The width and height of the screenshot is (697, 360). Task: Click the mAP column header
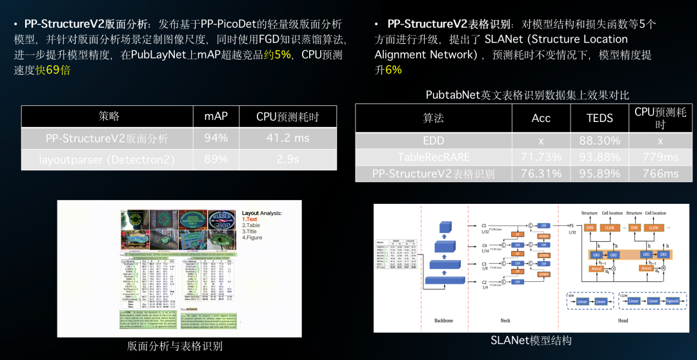[x=216, y=117]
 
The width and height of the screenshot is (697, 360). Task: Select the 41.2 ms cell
[x=287, y=138]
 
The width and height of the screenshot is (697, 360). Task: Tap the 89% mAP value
[x=216, y=159]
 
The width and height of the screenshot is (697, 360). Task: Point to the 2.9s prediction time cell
[x=287, y=159]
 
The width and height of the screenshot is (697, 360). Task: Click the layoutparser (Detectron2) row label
[x=107, y=159]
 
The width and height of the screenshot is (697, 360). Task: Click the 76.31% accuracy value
[x=541, y=174]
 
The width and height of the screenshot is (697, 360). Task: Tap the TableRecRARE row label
[x=434, y=157]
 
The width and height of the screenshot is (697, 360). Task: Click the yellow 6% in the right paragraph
[x=394, y=70]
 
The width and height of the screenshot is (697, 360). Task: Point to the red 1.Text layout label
[x=250, y=219]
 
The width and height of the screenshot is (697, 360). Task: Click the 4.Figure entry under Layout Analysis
[x=252, y=237]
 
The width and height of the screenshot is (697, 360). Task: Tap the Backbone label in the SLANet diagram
[x=443, y=321]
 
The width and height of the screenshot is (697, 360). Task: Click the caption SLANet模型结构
[x=531, y=340]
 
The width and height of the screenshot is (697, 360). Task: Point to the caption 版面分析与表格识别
[x=175, y=346]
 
